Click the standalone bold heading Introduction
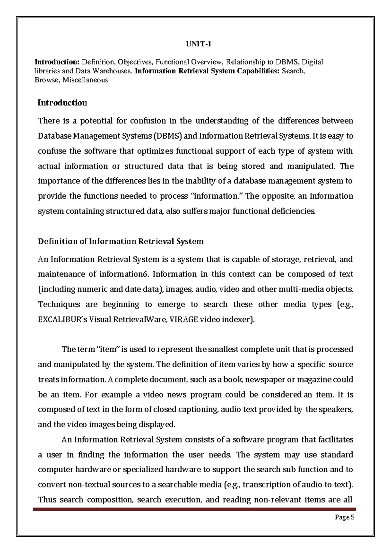pyautogui.click(x=62, y=103)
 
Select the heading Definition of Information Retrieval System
pyautogui.click(x=121, y=241)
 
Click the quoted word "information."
pyautogui.click(x=216, y=196)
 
